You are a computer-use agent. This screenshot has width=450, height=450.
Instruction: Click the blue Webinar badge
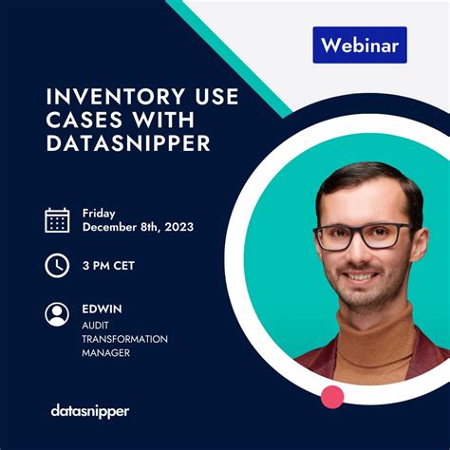[x=359, y=45]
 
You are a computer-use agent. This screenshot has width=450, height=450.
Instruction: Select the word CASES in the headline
[x=82, y=120]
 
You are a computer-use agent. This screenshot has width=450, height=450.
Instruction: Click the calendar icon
[x=57, y=220]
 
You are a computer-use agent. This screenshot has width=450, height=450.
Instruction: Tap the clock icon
[x=57, y=266]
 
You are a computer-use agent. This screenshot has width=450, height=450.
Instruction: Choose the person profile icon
[x=57, y=313]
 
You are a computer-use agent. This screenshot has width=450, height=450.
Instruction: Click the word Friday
[x=99, y=213]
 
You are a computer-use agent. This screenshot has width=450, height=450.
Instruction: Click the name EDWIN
[x=102, y=308]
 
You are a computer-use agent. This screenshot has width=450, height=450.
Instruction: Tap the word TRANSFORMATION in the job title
[x=124, y=339]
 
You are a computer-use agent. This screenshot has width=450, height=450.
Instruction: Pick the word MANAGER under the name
[x=105, y=353]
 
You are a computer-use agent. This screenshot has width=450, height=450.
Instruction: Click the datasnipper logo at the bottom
[x=89, y=410]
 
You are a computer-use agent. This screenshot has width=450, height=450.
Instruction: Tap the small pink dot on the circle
[x=332, y=396]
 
